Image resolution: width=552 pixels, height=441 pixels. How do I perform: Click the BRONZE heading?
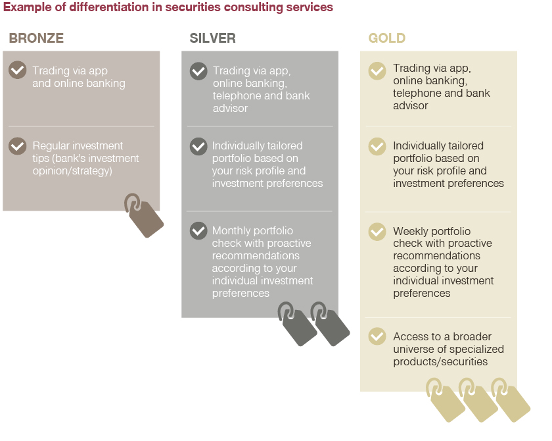pyautogui.click(x=36, y=38)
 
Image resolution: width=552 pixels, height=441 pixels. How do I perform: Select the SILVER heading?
pyautogui.click(x=213, y=38)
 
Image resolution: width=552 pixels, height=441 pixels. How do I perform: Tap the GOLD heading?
pyautogui.click(x=387, y=38)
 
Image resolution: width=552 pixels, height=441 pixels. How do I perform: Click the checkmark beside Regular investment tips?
pyautogui.click(x=18, y=146)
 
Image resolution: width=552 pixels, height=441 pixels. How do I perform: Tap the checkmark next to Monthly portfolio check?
pyautogui.click(x=198, y=231)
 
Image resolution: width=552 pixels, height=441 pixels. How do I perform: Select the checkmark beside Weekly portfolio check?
pyautogui.click(x=377, y=232)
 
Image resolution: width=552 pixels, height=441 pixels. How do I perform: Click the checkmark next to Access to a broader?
pyautogui.click(x=377, y=336)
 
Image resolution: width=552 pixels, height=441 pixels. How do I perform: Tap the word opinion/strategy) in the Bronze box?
pyautogui.click(x=72, y=171)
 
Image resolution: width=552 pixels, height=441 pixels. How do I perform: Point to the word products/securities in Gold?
pyautogui.click(x=440, y=361)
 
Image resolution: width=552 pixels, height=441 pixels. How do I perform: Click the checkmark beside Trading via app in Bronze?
pyautogui.click(x=18, y=70)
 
